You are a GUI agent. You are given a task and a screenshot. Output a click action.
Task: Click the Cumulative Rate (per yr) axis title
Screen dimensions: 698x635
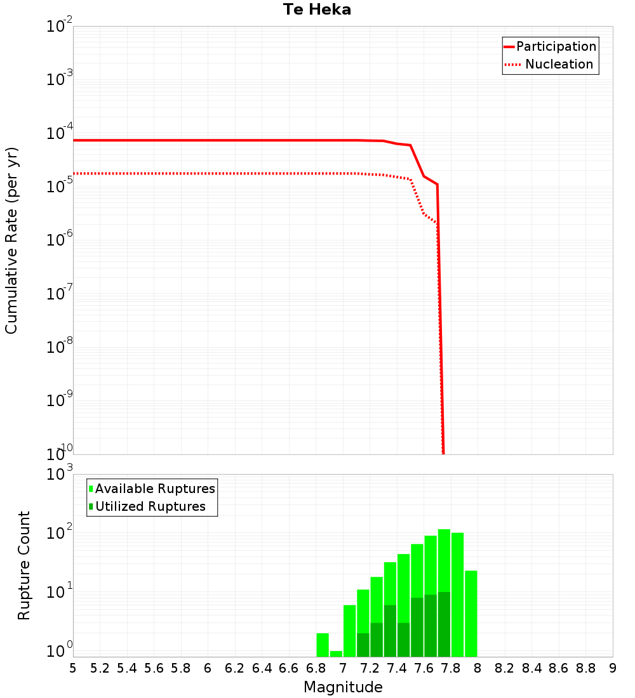click(x=11, y=240)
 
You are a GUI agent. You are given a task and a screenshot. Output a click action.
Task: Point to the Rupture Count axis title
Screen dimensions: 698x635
click(x=24, y=565)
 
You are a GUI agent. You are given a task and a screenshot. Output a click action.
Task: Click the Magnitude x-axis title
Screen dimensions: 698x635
click(x=343, y=687)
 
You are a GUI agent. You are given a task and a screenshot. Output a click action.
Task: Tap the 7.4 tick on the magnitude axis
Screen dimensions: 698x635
click(x=397, y=668)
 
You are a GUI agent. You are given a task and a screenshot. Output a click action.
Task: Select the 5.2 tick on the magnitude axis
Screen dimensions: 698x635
click(x=100, y=668)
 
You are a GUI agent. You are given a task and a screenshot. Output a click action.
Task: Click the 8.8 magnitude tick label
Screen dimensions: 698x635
click(x=586, y=668)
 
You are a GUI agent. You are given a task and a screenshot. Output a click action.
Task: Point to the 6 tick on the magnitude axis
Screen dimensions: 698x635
click(x=208, y=668)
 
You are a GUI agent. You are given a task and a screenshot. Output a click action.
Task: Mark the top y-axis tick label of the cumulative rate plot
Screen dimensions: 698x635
click(x=60, y=27)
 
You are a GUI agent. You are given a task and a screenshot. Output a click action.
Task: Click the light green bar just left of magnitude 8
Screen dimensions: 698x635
click(x=471, y=613)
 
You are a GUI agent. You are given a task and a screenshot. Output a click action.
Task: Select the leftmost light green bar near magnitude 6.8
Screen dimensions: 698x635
click(x=323, y=644)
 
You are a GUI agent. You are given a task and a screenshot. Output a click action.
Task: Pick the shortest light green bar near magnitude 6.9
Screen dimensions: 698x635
click(x=336, y=653)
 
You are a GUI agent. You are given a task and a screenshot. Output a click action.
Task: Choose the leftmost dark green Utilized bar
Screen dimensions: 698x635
click(x=363, y=644)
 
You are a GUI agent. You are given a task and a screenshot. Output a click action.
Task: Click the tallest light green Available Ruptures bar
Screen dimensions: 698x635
click(x=444, y=558)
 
